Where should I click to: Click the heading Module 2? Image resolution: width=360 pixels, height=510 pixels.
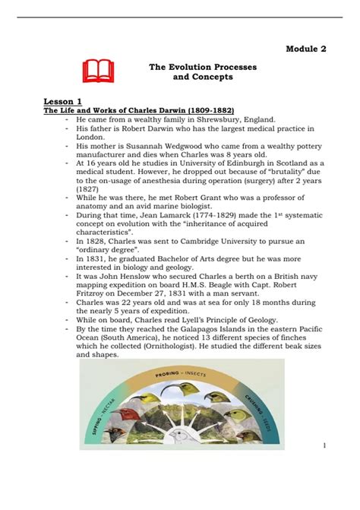(306, 49)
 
